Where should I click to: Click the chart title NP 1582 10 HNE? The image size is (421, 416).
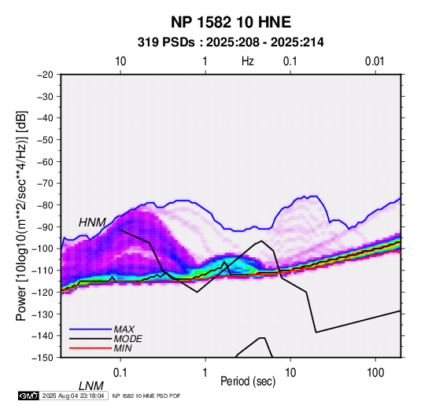pyautogui.click(x=231, y=22)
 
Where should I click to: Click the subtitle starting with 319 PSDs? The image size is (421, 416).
pyautogui.click(x=231, y=42)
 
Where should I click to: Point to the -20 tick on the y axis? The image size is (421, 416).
pyautogui.click(x=45, y=75)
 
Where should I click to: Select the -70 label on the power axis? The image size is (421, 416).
pyautogui.click(x=45, y=183)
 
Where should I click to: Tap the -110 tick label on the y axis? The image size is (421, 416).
pyautogui.click(x=42, y=271)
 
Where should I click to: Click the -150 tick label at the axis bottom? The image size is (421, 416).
pyautogui.click(x=42, y=358)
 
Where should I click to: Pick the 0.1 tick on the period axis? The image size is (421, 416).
pyautogui.click(x=120, y=373)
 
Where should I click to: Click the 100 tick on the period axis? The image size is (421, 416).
pyautogui.click(x=375, y=373)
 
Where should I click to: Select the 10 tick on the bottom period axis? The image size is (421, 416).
pyautogui.click(x=290, y=373)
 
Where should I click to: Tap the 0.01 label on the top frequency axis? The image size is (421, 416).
pyautogui.click(x=375, y=61)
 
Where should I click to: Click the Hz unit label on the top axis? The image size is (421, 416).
pyautogui.click(x=248, y=61)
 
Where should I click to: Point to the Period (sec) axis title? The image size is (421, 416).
pyautogui.click(x=248, y=381)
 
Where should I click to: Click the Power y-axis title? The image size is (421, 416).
pyautogui.click(x=21, y=216)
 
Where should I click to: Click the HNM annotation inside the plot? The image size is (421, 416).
pyautogui.click(x=92, y=223)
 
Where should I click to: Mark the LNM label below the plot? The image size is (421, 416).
pyautogui.click(x=91, y=386)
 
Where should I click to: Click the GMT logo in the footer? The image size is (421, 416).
pyautogui.click(x=29, y=396)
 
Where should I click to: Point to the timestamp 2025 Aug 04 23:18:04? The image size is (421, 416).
pyautogui.click(x=73, y=396)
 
